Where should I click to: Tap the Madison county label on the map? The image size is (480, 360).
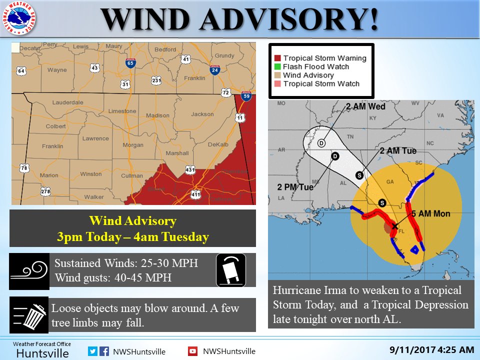157,115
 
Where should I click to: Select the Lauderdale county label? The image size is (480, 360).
68,103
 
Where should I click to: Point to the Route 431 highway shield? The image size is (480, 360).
189,170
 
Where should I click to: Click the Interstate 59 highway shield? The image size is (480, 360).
245,96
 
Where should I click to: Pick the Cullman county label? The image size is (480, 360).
132,176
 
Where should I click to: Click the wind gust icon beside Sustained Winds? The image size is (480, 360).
29,271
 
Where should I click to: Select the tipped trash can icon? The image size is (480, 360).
29,315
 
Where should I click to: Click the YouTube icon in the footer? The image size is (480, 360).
192,351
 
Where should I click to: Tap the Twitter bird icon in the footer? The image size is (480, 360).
92,351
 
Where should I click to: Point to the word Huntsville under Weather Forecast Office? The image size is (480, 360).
42,353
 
